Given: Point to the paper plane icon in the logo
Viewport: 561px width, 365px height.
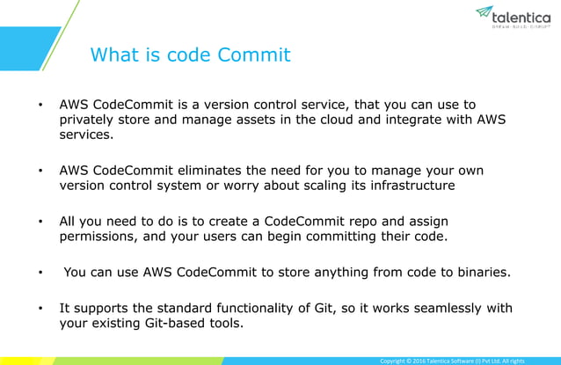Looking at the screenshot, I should (484, 12).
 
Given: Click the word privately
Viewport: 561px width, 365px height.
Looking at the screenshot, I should (90, 121).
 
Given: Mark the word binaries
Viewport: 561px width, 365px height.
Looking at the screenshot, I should (480, 272).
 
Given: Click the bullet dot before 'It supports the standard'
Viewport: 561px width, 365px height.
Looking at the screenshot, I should (40, 307).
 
